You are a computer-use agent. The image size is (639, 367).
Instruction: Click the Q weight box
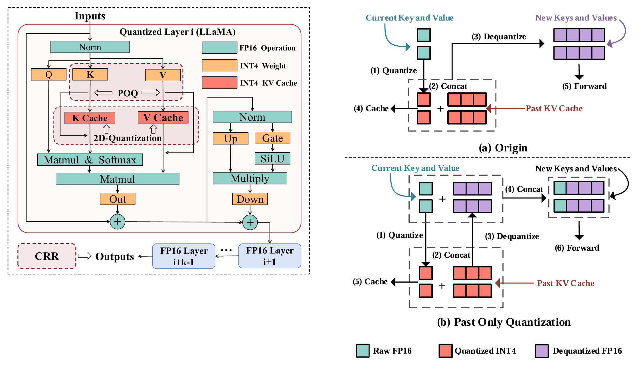click(48, 74)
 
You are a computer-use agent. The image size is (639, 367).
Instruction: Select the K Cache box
click(90, 118)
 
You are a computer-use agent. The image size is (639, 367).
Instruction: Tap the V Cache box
click(163, 117)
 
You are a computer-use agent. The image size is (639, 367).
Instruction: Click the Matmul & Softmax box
click(90, 160)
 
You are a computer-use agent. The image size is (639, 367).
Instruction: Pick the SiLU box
click(272, 159)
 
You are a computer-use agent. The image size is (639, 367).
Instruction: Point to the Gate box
click(272, 138)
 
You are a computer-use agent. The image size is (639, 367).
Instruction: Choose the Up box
click(230, 138)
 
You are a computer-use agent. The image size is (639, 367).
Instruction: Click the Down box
click(250, 199)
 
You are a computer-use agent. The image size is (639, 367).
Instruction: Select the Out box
click(118, 199)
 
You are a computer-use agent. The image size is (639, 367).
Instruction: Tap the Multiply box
click(250, 179)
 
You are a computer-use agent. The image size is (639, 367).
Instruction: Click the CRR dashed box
click(47, 256)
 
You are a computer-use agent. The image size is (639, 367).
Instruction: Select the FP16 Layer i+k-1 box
click(184, 256)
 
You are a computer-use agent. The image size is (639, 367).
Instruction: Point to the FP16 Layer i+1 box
click(270, 256)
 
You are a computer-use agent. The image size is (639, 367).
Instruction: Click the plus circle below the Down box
click(250, 222)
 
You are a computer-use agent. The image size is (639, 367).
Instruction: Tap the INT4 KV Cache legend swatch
click(219, 83)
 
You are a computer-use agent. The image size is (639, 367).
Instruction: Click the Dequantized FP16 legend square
click(542, 351)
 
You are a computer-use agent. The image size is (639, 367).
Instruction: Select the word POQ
click(128, 93)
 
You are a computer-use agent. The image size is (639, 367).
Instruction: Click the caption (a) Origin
click(503, 148)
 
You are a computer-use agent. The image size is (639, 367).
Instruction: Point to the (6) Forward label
click(577, 248)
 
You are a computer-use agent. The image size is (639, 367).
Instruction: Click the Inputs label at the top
click(90, 16)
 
